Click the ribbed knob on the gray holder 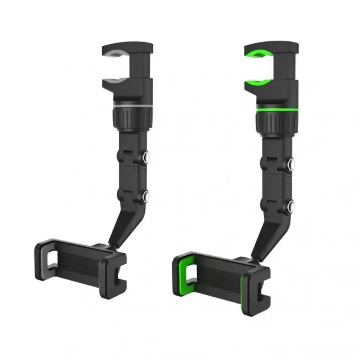pos(132,118)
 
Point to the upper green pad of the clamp pos(258,54)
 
